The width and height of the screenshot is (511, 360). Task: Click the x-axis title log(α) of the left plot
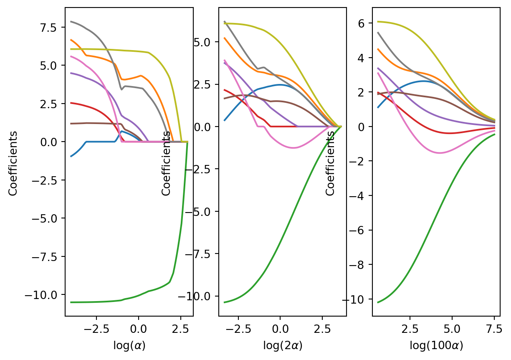pos(129,346)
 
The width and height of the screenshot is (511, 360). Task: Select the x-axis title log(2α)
pos(282,346)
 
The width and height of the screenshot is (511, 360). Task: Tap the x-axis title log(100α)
pos(436,346)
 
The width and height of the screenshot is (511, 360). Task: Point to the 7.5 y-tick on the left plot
pos(52,28)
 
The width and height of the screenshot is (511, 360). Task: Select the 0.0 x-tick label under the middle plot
pos(280,329)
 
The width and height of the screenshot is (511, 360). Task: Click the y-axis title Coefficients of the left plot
pos(13,163)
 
